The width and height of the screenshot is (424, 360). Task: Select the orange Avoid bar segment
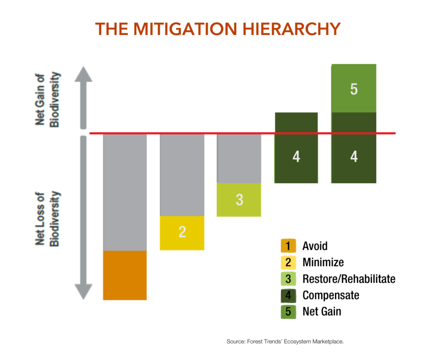tap(125, 275)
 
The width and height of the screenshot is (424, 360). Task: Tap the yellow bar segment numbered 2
tap(182, 233)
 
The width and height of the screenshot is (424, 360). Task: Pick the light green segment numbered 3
tap(239, 199)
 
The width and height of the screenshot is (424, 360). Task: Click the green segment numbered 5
tap(354, 88)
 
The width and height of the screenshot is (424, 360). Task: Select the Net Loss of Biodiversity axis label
tap(47, 219)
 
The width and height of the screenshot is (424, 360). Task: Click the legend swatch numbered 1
tap(288, 246)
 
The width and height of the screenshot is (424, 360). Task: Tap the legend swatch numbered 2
tap(288, 262)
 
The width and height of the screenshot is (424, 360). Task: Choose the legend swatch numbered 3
tap(288, 278)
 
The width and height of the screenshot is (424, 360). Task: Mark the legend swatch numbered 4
tap(288, 295)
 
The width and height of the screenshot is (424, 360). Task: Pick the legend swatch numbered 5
tap(288, 311)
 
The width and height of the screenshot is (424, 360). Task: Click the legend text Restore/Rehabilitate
tap(349, 279)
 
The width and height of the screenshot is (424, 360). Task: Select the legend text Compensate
tap(330, 295)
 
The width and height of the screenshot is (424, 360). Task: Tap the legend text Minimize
tap(323, 262)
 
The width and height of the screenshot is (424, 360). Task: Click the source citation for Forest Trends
tap(285, 341)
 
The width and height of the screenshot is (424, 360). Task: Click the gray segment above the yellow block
tap(182, 174)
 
